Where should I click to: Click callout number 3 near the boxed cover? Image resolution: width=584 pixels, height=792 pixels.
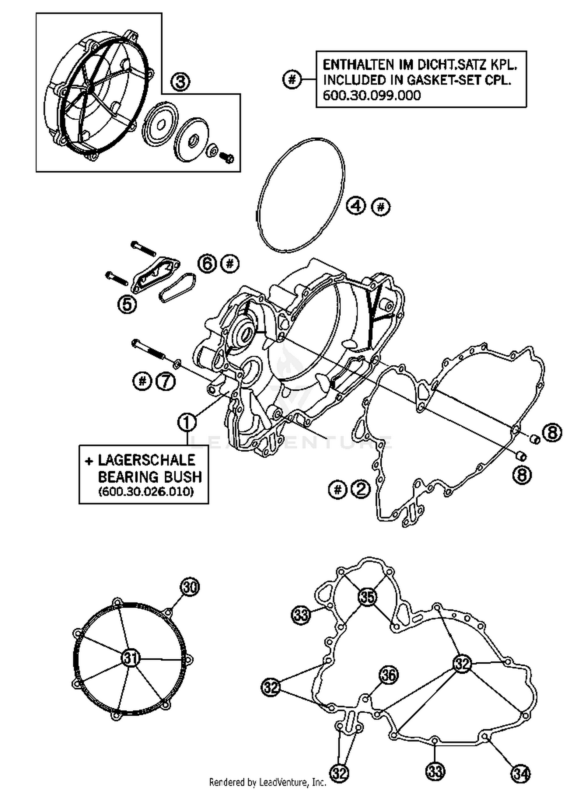point(180,83)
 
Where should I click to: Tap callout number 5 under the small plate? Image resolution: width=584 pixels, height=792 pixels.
point(127,304)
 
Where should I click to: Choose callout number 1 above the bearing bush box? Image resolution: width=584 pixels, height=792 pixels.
point(187,422)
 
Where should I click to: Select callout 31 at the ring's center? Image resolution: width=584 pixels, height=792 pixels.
point(130,658)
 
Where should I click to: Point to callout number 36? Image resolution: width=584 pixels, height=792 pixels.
point(388,675)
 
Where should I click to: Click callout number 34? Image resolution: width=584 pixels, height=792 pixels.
point(521,773)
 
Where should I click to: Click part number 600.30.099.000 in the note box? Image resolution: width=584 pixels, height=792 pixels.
point(372,95)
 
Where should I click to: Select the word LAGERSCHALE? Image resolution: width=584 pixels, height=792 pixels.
point(146,460)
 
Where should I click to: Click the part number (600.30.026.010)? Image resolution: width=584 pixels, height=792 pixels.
point(146,492)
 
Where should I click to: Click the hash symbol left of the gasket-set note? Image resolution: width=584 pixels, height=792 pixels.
point(292,80)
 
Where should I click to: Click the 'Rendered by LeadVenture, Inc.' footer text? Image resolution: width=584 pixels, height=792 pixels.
point(268,782)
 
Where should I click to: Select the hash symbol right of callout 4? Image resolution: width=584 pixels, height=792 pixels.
point(380,206)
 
